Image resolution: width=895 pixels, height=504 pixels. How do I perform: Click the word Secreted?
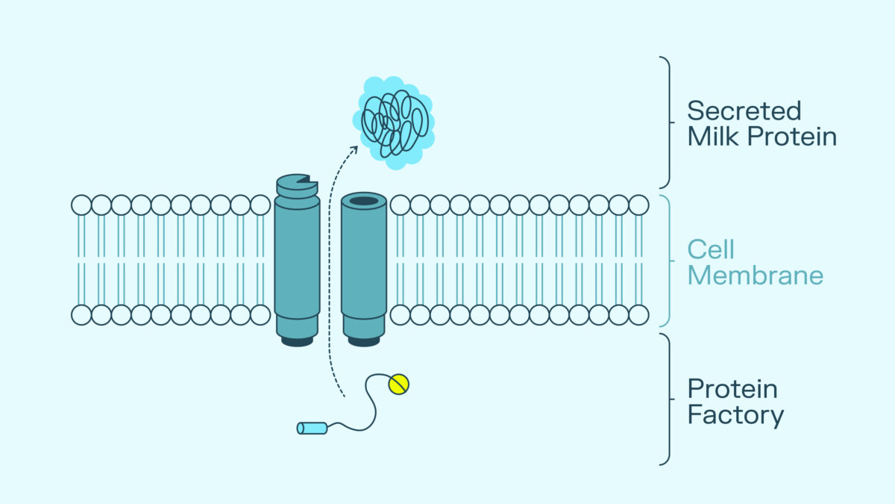[744, 111]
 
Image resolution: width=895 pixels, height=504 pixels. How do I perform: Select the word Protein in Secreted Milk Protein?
[792, 137]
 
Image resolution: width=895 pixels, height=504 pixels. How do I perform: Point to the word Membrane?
[755, 276]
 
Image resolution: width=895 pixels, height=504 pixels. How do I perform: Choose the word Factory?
[735, 415]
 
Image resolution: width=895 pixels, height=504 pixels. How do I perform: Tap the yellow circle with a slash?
[399, 384]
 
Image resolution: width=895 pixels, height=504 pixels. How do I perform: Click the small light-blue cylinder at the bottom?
[312, 428]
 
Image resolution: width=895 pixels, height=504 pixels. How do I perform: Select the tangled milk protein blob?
[393, 122]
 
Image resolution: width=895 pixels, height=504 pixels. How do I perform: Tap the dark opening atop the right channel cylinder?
[363, 201]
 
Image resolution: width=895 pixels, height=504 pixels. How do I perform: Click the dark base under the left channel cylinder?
[297, 341]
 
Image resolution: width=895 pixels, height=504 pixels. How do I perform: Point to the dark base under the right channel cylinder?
[363, 341]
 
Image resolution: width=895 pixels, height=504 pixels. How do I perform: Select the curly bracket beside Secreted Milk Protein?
[666, 122]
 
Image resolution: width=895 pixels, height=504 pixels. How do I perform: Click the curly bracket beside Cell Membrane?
[666, 261]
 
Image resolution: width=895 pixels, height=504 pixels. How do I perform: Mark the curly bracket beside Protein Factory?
[666, 399]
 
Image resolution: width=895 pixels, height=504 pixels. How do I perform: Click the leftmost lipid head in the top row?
[81, 205]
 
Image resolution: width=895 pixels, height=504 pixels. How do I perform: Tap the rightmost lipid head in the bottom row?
[639, 315]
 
